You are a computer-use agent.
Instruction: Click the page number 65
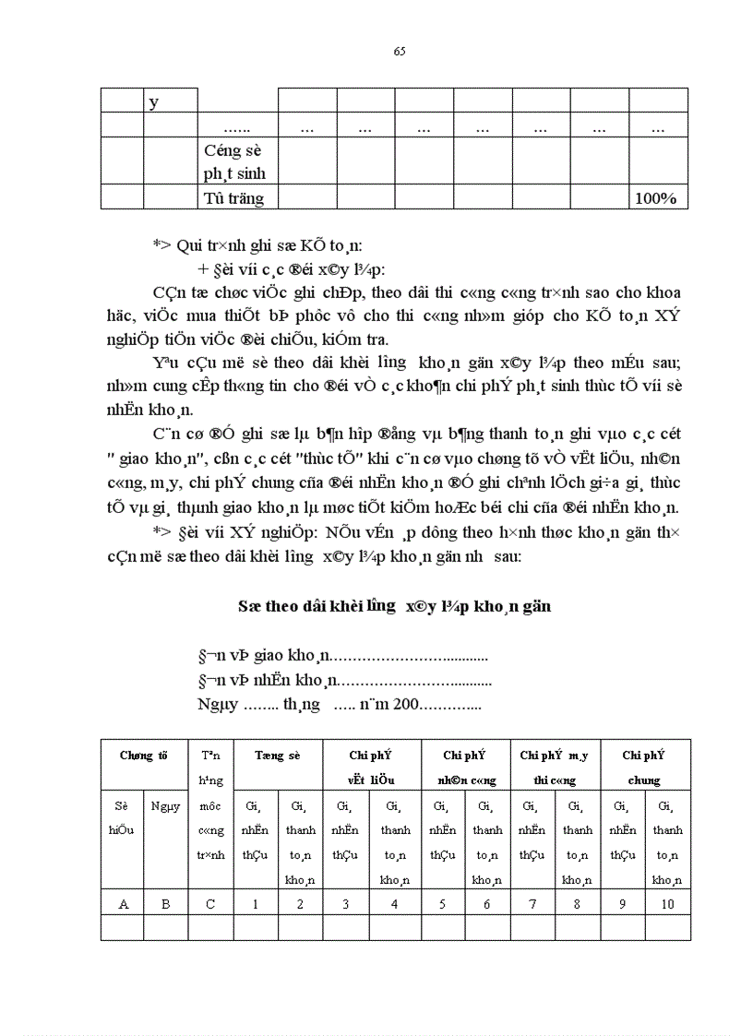pos(400,51)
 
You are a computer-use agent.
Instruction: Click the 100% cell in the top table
pos(657,198)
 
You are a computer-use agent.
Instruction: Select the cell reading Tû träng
pos(234,198)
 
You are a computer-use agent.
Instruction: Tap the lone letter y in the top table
pos(153,101)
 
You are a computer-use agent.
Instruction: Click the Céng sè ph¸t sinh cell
pos(237,161)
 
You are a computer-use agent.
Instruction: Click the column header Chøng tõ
pos(144,755)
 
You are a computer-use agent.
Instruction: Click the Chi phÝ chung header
pos(643,767)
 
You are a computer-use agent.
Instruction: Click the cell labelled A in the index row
pos(124,904)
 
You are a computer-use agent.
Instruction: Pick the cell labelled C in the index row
pos(210,904)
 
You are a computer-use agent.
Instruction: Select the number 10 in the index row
pos(667,904)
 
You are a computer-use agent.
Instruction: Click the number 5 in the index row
pos(443,904)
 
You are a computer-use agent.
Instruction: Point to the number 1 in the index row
pos(256,904)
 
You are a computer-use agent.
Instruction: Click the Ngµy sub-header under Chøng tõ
pos(165,805)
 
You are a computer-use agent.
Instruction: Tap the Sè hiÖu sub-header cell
pos(123,817)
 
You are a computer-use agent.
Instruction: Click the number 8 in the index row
pos(577,904)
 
